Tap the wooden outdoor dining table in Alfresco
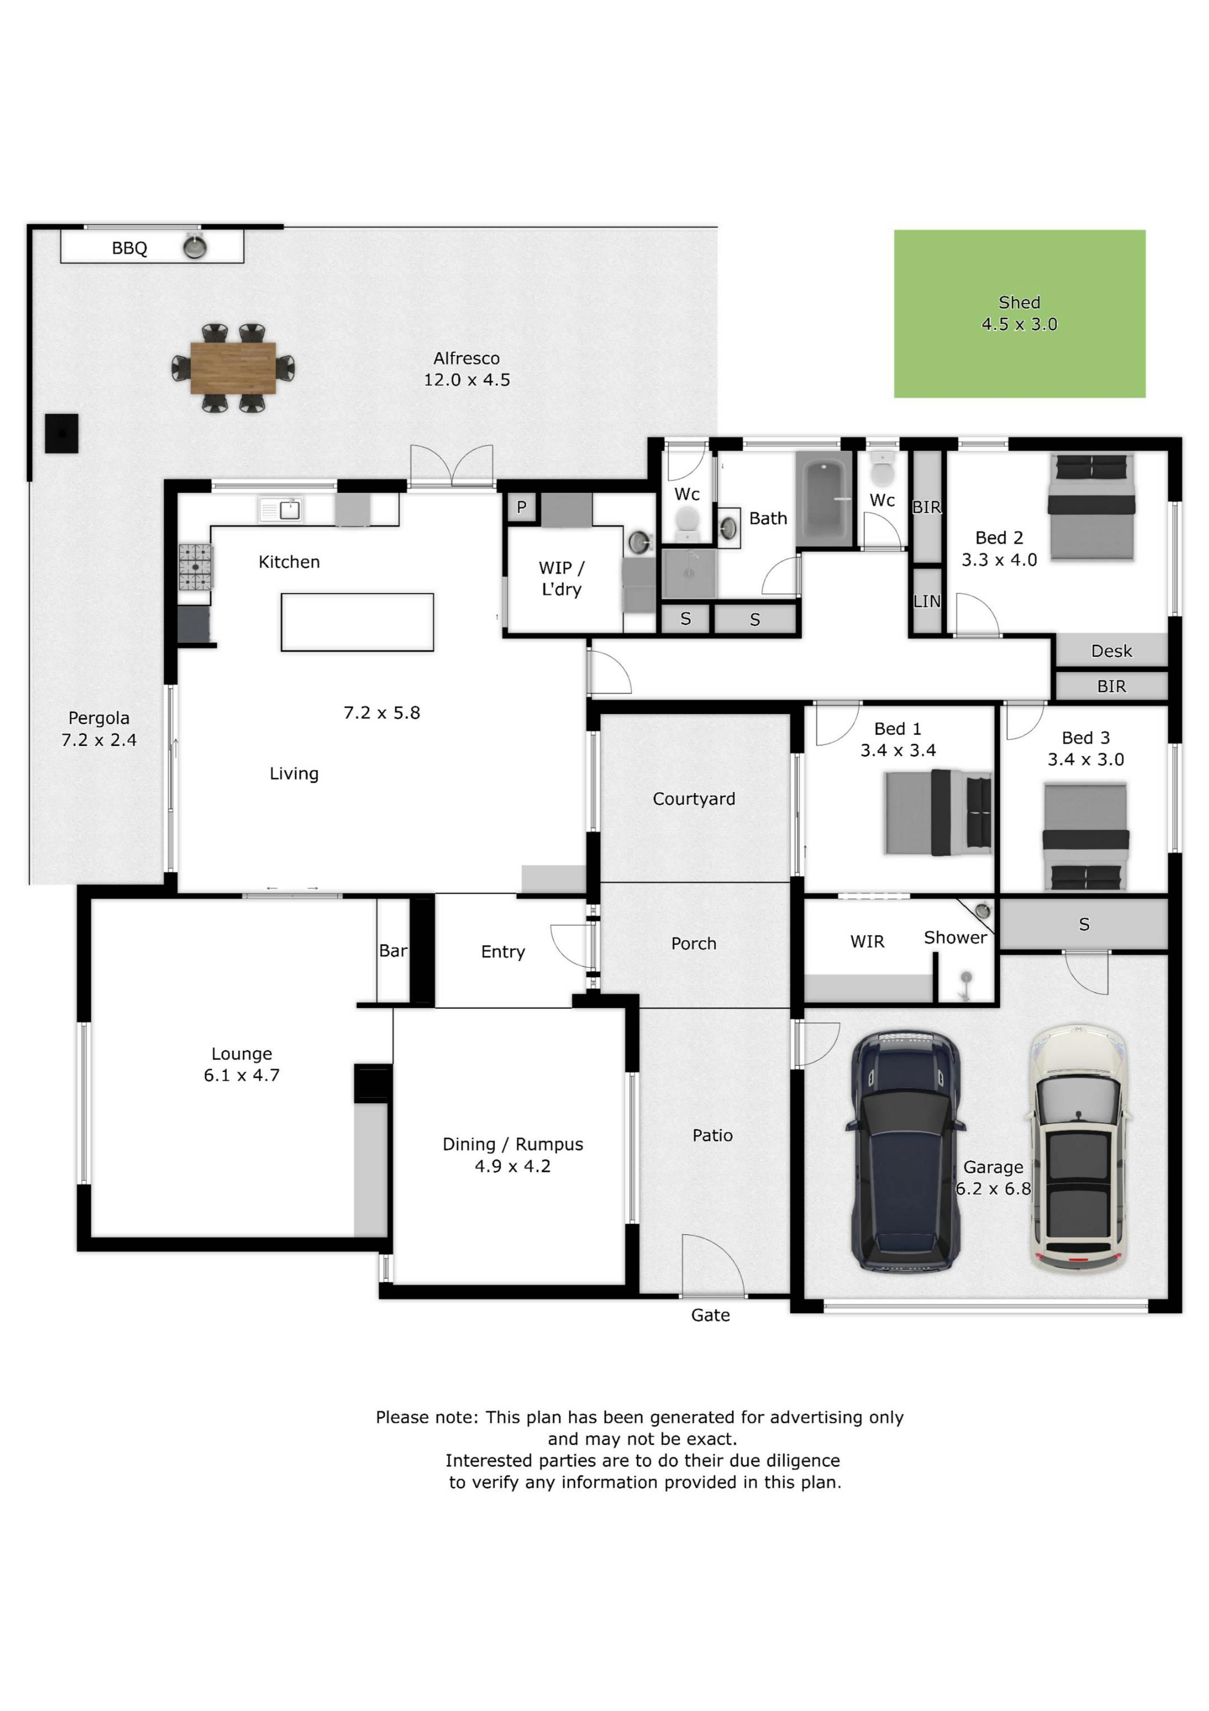tap(233, 368)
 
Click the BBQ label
tap(130, 248)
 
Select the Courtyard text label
tap(693, 799)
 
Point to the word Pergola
tap(99, 718)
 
